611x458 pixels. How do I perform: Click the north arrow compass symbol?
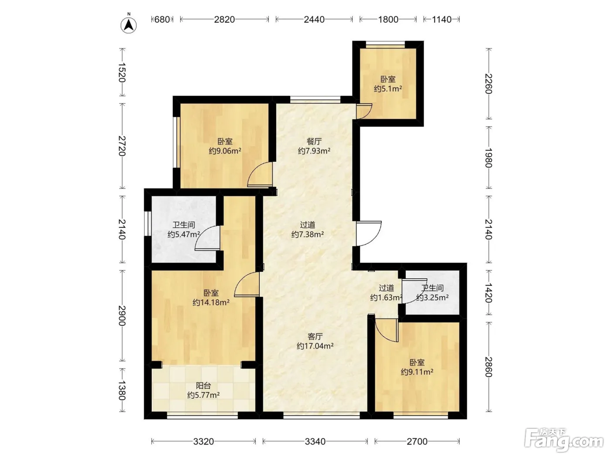coord(128,25)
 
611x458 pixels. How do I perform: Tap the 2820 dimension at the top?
coord(224,20)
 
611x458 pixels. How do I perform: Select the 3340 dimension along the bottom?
coord(315,441)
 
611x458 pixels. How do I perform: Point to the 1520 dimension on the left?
coord(122,72)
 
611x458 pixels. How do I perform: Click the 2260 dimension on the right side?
coord(489,84)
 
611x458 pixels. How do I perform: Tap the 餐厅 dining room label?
coord(314,141)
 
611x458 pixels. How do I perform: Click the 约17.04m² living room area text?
coord(315,346)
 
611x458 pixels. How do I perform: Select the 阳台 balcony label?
coord(203,386)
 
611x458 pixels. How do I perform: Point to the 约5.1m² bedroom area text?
coord(388,89)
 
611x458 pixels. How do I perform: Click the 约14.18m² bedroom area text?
coord(211,302)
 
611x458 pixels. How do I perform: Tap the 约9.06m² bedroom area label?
coord(225,151)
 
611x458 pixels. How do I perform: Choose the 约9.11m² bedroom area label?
coord(417,372)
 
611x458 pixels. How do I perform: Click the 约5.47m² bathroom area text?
coord(184,234)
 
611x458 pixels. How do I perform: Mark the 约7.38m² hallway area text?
coord(308,234)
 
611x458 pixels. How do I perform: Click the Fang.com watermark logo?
coord(564,440)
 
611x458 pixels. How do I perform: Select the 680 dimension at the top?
coord(162,20)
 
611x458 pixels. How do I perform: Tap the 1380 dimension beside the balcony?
coord(122,390)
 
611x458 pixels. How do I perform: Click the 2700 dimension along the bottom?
coord(417,441)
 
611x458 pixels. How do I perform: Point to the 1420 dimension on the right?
coord(489,293)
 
